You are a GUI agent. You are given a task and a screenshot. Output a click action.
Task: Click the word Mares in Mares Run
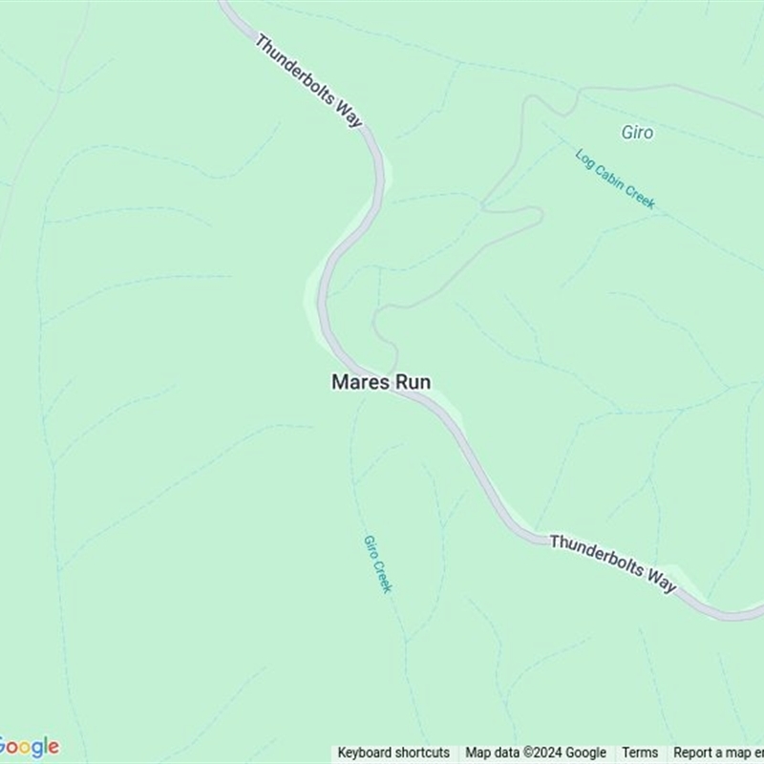coord(357,382)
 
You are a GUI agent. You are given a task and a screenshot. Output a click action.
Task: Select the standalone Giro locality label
coord(637,133)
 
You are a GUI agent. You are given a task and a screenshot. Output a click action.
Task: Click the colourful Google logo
coord(29,747)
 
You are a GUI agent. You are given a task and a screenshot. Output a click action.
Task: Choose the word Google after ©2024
coord(584,753)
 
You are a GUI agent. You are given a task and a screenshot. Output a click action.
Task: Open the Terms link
coord(640,753)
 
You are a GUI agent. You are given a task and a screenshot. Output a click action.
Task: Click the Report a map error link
coord(718,753)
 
